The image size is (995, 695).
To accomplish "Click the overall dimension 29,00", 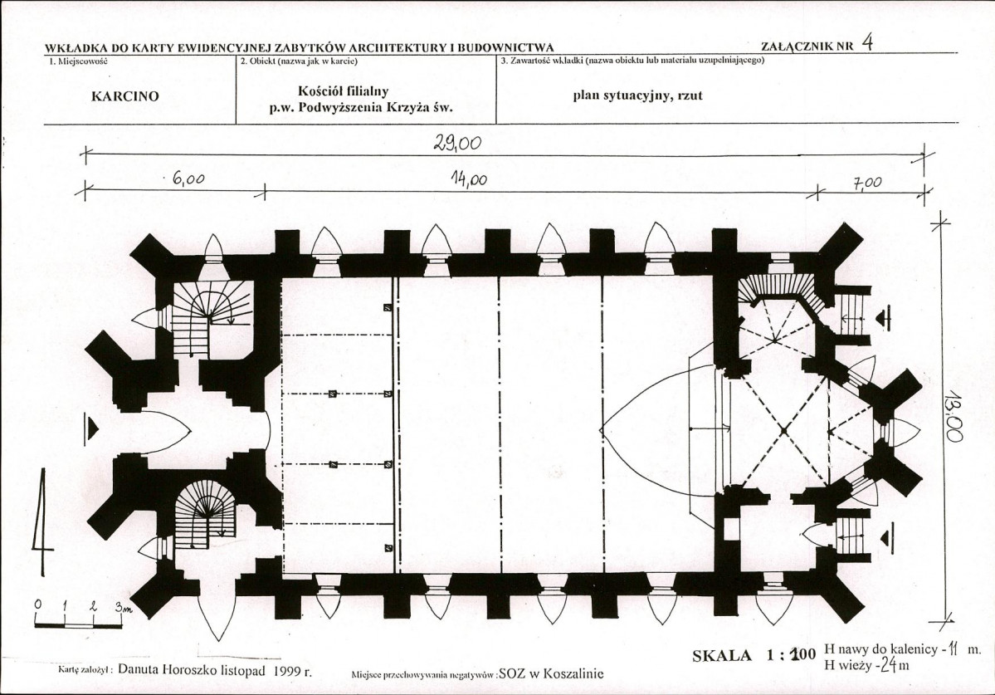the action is click(457, 144).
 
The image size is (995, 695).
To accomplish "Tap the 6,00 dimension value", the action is click(188, 179).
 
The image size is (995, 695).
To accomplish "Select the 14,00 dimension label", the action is click(469, 180).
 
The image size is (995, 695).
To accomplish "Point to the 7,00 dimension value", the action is click(867, 184).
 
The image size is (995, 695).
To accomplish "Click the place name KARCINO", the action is click(125, 96).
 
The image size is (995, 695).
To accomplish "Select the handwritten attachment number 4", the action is click(867, 42).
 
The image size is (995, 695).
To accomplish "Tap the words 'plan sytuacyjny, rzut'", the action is click(637, 95).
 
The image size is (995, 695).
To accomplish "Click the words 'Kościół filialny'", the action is click(344, 91).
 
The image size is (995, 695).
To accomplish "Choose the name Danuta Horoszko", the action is click(169, 669).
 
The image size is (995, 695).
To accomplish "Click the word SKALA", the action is click(721, 656).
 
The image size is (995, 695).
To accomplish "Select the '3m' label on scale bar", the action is click(123, 608).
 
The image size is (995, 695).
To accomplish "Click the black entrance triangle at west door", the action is click(93, 429).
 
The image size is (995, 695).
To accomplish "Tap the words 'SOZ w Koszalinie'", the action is click(551, 673).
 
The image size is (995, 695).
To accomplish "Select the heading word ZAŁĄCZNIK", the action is click(797, 46).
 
